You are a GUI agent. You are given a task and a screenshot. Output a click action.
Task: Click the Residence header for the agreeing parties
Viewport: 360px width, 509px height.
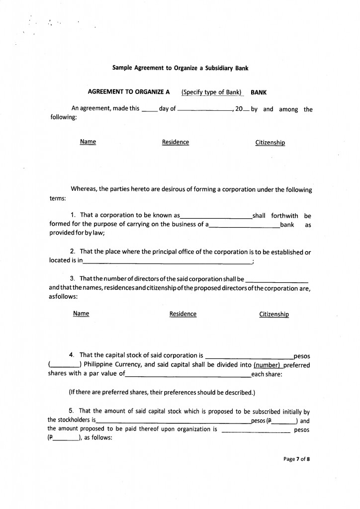pyautogui.click(x=176, y=142)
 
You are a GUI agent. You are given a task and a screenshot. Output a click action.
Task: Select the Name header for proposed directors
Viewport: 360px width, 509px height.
pyautogui.click(x=81, y=314)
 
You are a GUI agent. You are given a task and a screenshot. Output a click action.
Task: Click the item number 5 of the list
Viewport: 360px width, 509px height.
pyautogui.click(x=72, y=411)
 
